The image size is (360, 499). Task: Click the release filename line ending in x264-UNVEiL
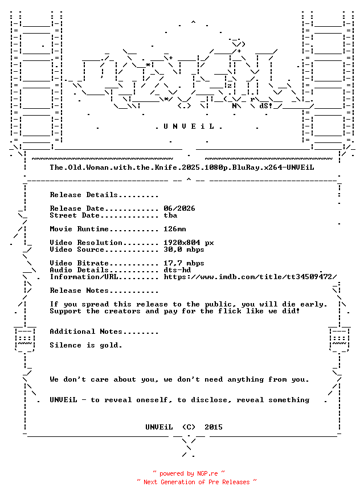(182, 167)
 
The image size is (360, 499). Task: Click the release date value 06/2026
(179, 208)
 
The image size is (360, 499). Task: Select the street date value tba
(170, 215)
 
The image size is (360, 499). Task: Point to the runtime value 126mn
(175, 229)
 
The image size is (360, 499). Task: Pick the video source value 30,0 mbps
(184, 249)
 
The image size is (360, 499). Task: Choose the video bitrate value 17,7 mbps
(184, 263)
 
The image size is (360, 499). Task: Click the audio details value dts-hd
(177, 270)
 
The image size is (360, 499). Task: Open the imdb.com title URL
(250, 277)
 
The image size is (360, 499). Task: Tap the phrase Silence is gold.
(86, 345)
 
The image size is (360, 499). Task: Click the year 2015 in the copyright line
(214, 427)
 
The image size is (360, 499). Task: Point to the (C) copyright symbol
(189, 427)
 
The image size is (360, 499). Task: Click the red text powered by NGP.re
(189, 473)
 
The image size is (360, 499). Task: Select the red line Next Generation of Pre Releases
(197, 482)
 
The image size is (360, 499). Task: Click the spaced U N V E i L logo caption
(189, 126)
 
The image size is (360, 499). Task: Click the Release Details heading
(104, 195)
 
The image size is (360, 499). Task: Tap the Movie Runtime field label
(79, 229)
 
